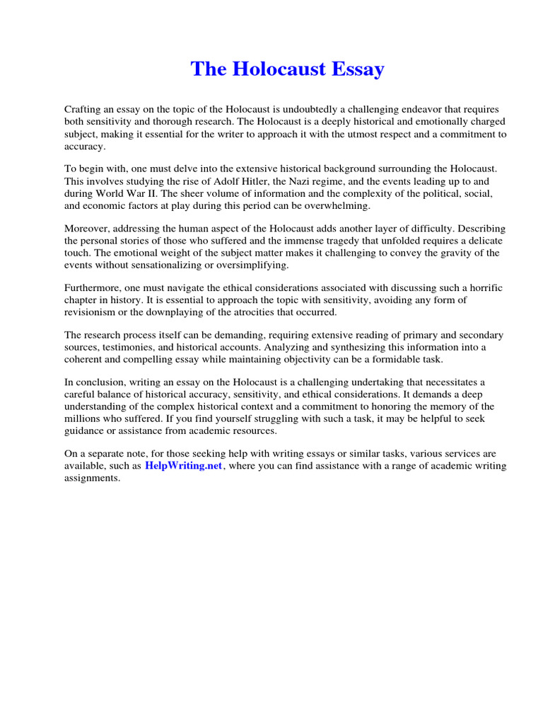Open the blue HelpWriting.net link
(184, 467)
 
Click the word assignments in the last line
(92, 478)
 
